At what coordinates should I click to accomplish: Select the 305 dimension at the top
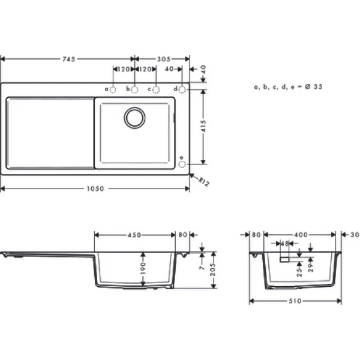[163, 59]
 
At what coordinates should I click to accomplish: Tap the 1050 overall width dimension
[94, 188]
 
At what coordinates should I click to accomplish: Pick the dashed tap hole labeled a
[113, 89]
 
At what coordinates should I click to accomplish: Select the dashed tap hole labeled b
[134, 89]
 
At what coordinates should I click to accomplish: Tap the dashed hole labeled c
[156, 89]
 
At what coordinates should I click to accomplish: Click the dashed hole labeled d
[183, 89]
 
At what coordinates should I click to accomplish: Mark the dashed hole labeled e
[183, 161]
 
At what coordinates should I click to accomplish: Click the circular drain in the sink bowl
[134, 118]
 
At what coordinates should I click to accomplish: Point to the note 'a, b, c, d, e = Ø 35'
[289, 86]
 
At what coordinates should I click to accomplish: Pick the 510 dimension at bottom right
[294, 301]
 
